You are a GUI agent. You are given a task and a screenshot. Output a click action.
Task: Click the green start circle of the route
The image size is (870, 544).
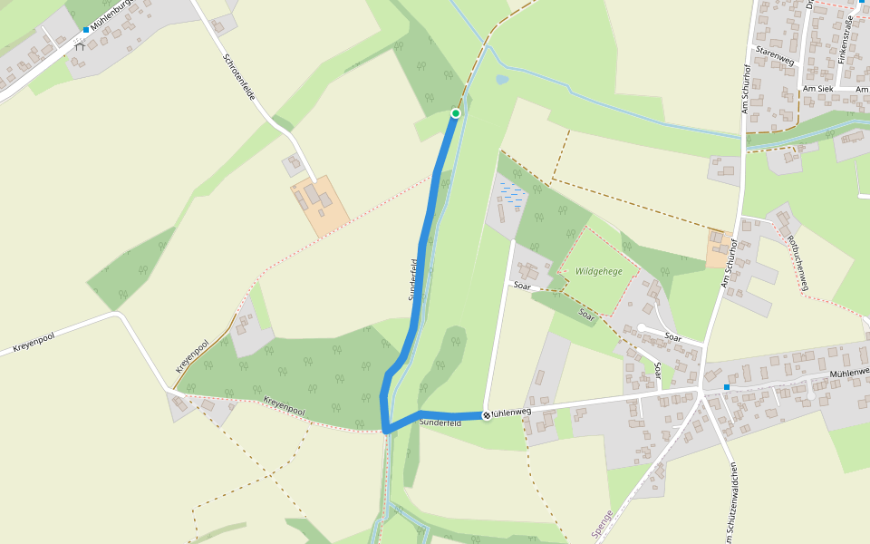[x=456, y=113]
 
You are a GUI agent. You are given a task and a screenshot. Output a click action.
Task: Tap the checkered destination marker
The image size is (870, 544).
[x=487, y=415]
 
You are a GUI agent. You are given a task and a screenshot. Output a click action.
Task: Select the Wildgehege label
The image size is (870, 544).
[x=599, y=271]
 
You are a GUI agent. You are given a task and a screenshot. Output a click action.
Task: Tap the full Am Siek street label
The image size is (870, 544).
[x=818, y=89]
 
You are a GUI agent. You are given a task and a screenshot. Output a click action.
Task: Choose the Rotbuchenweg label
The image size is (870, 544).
[x=797, y=263]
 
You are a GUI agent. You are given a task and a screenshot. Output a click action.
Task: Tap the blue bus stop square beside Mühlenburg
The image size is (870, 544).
[x=86, y=30]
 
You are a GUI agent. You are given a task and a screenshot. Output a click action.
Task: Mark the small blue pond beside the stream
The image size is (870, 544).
[x=502, y=80]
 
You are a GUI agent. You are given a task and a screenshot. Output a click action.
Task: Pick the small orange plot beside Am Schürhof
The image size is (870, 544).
[x=718, y=248]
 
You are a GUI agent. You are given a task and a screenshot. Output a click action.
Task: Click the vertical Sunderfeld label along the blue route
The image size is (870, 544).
[x=413, y=279]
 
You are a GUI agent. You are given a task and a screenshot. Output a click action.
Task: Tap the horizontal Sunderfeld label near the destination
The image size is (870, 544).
[x=441, y=423]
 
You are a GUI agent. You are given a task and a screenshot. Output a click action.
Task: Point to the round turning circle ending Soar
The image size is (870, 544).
[x=641, y=328]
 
